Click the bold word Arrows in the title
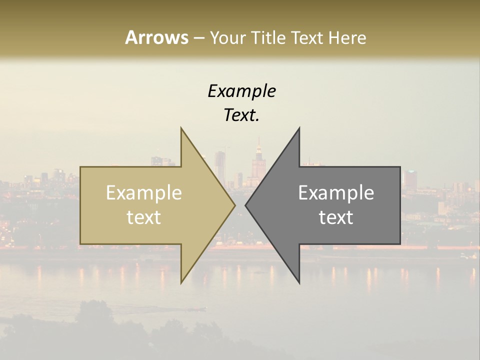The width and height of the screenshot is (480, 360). click(156, 37)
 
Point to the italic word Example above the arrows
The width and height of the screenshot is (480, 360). click(241, 91)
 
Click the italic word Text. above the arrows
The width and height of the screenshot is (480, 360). click(241, 115)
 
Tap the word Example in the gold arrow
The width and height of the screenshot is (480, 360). click(143, 192)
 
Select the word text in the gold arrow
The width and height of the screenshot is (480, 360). click(143, 217)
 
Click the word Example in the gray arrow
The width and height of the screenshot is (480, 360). click(336, 192)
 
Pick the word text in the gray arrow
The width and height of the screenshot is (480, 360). click(336, 217)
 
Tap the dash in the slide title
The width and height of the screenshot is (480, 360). click(198, 38)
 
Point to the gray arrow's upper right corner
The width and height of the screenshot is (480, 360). click(399, 167)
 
